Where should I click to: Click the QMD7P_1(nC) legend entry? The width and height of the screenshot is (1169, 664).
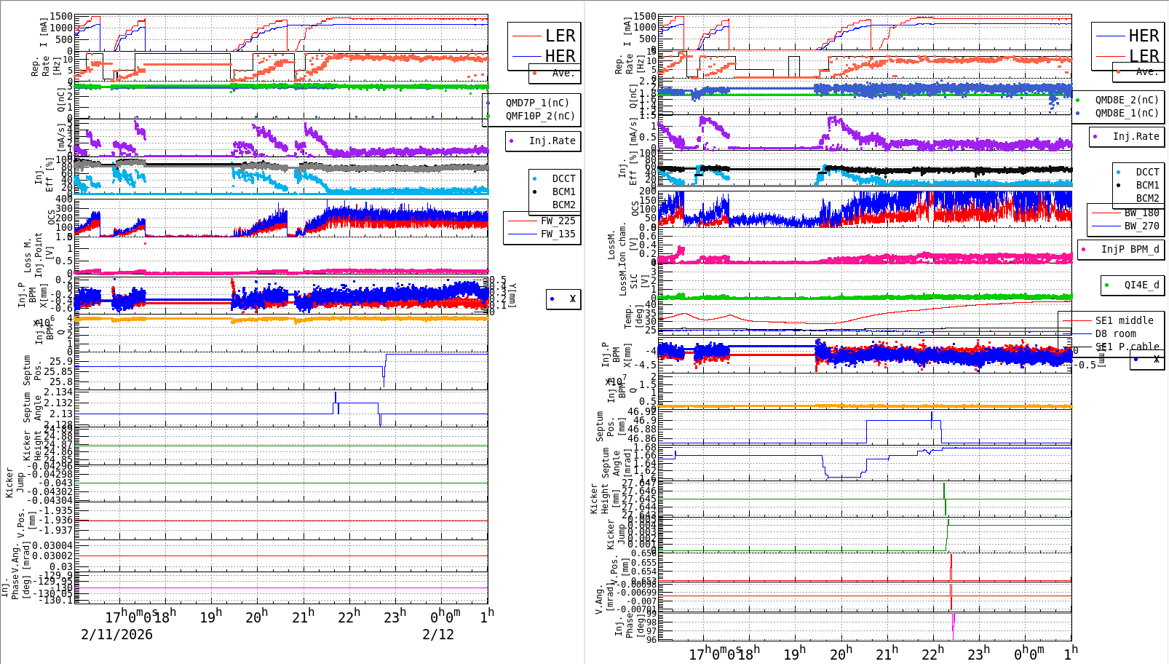tap(540, 103)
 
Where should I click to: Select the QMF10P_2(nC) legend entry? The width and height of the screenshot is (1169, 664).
tap(540, 116)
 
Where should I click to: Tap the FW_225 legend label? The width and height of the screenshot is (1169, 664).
tap(558, 221)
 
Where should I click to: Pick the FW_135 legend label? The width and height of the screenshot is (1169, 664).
tap(558, 234)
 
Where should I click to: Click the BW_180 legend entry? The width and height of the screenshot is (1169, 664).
tap(1141, 213)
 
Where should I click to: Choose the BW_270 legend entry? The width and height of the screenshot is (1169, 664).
tap(1141, 226)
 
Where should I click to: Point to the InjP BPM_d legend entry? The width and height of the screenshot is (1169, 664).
tap(1130, 249)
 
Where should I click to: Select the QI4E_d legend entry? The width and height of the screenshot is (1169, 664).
tap(1141, 285)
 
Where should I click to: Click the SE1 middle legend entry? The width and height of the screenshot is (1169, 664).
tap(1124, 320)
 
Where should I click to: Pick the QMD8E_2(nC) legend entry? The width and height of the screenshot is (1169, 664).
tap(1127, 100)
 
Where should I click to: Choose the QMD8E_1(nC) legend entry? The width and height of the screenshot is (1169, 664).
tap(1127, 113)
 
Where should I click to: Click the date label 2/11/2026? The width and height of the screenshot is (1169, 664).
tap(116, 634)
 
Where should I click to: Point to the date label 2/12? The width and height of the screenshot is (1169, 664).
tap(438, 634)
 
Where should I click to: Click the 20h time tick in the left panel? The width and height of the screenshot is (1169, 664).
tap(255, 617)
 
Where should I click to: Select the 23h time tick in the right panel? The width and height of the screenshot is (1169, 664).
tap(978, 653)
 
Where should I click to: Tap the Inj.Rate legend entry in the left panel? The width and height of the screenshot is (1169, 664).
tap(552, 141)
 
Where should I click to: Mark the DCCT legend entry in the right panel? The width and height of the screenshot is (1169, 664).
tap(1147, 172)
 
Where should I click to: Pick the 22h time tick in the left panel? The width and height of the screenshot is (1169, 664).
tap(348, 617)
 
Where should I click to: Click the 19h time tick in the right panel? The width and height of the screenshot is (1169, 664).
tap(794, 653)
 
